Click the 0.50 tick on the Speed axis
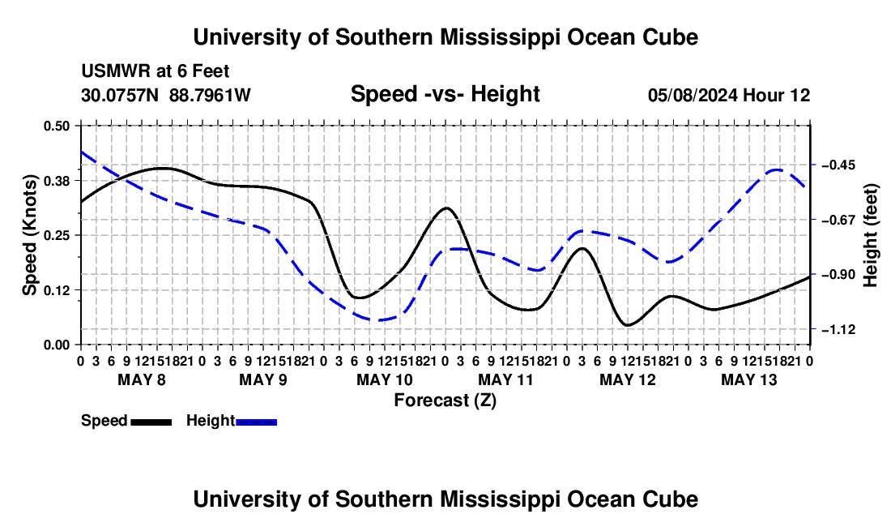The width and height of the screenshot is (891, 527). click(56, 126)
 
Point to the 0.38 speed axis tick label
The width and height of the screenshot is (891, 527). click(56, 181)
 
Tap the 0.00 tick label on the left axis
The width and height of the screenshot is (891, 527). click(56, 345)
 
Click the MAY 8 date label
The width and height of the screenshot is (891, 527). click(142, 379)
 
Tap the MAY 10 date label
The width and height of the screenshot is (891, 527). click(385, 379)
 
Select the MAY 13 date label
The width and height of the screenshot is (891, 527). click(749, 379)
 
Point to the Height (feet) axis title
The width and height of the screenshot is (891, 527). click(870, 235)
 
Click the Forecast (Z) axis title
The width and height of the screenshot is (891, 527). click(446, 401)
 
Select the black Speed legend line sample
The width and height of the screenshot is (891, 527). click(151, 422)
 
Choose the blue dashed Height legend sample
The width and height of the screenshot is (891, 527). click(256, 422)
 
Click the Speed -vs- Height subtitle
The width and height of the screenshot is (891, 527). click(445, 94)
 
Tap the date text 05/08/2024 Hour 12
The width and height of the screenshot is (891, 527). click(729, 95)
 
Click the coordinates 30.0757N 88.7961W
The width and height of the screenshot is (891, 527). click(166, 95)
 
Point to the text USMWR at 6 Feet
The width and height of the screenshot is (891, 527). click(156, 71)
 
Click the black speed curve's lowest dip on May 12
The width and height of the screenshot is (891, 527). click(628, 325)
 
